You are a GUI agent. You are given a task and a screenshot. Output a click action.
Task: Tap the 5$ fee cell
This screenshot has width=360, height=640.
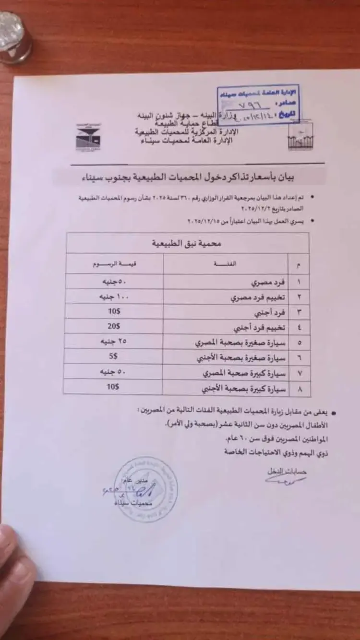pos(113,356)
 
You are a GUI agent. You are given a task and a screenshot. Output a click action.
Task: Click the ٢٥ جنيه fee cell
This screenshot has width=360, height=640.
pos(111,342)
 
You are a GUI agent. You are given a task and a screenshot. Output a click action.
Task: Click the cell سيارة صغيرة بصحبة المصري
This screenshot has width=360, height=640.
pos(240,343)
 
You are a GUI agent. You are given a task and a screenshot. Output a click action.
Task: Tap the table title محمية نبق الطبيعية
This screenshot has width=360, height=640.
pos(187,244)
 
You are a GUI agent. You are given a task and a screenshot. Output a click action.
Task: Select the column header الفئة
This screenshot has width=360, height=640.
pos(226,264)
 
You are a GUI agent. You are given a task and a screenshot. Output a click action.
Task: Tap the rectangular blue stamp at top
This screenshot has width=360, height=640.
pos(258,105)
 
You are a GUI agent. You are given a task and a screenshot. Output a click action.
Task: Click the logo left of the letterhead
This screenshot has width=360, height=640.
pos(88,138)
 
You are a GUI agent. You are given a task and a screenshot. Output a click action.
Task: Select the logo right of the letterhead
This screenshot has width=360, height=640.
pos(300,136)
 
